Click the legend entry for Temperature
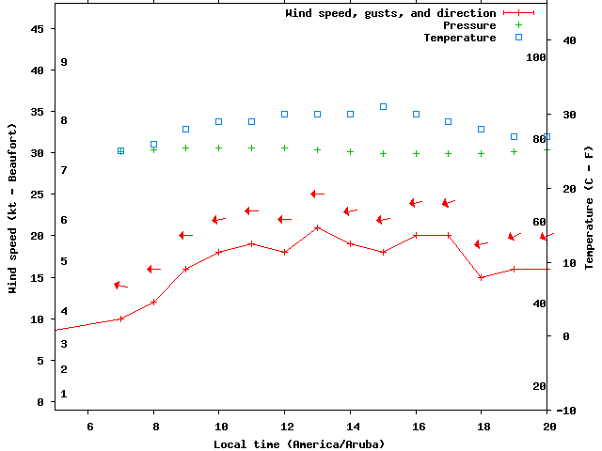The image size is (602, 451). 459,38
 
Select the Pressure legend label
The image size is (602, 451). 468,25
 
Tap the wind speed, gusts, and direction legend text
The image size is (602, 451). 390,13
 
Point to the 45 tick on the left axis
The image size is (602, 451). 38,29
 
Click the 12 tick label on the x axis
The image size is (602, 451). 284,427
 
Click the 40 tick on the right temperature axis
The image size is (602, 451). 568,40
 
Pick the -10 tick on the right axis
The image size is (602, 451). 566,411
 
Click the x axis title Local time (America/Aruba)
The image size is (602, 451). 299,443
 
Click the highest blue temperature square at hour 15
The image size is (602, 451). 383,107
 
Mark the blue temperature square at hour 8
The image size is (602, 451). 153,145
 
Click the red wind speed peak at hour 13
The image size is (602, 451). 317,227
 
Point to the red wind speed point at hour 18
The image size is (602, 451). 482,277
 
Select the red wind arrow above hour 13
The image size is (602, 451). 317,194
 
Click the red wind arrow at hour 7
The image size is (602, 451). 120,285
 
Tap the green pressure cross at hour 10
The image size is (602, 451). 218,148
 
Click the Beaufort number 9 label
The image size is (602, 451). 64,62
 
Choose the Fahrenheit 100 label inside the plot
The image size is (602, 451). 536,57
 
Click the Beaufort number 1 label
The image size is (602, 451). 64,394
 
